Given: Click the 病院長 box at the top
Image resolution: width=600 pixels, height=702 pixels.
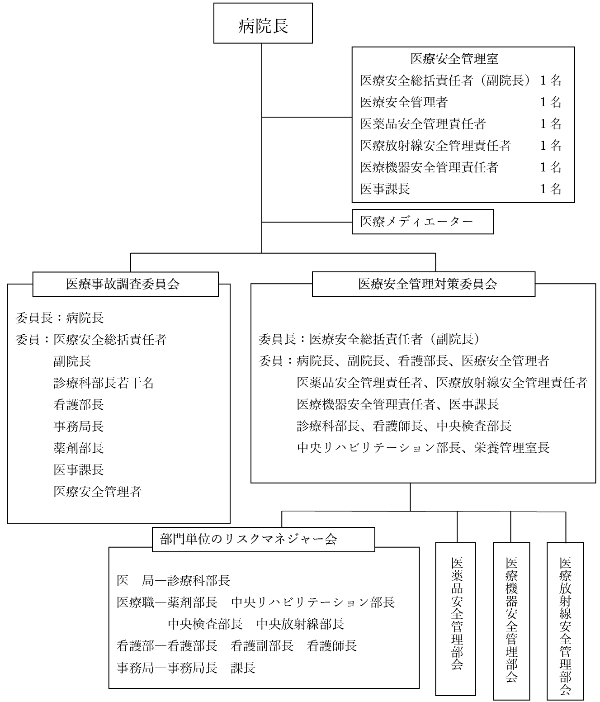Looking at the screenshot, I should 263,23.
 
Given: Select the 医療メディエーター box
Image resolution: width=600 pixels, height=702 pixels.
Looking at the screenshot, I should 422,222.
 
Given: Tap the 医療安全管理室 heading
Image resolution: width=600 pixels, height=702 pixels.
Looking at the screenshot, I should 454,59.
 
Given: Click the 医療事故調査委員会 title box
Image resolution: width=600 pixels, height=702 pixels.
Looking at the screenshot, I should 123,284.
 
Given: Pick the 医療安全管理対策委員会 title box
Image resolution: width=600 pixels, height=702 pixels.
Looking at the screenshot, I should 427,284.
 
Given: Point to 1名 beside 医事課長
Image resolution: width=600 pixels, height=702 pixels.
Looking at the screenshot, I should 551,189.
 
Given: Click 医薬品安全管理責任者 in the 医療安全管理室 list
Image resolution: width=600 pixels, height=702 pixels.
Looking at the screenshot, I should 423,124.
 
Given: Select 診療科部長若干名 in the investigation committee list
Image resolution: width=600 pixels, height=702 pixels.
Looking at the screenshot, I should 104,383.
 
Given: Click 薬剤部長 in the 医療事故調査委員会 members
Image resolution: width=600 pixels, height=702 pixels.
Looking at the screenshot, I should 79,448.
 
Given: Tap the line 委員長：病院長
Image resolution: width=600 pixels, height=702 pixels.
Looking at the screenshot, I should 60,318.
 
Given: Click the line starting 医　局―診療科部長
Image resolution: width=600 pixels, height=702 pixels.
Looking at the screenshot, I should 174,580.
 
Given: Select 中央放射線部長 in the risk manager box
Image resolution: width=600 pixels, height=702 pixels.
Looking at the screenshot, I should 300,624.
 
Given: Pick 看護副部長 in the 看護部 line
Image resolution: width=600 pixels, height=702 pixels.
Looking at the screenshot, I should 262,646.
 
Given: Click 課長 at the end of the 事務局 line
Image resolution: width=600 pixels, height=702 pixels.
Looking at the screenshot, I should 243,668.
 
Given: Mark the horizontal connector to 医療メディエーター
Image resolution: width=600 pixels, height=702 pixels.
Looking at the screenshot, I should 307,222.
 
